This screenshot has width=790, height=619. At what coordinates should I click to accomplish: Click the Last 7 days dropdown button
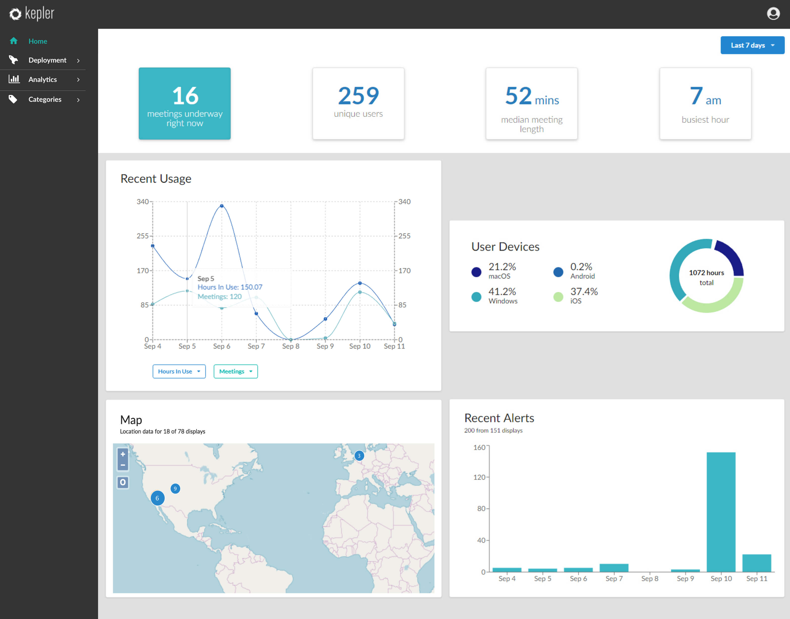[752, 45]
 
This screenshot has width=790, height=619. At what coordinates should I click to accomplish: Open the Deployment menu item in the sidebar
[47, 60]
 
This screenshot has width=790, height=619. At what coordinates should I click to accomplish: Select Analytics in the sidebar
[43, 79]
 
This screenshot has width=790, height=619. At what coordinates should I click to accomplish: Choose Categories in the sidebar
[45, 99]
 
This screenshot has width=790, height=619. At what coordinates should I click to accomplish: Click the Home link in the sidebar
[38, 41]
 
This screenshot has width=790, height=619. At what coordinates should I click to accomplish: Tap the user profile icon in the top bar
[773, 14]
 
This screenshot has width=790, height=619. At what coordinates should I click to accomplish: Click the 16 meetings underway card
[184, 103]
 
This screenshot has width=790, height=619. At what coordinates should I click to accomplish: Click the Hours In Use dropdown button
[179, 371]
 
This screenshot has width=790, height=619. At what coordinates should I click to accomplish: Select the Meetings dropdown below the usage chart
[236, 371]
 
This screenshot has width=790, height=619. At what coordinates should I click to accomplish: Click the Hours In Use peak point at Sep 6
[222, 206]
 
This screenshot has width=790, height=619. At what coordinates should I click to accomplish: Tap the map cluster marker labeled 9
[175, 489]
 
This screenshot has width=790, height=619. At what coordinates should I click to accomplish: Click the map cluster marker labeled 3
[359, 456]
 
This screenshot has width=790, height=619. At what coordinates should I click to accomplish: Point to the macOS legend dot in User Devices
[476, 272]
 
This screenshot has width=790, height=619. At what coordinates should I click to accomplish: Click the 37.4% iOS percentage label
[584, 292]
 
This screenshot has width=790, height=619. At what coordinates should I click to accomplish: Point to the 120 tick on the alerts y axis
[479, 477]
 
